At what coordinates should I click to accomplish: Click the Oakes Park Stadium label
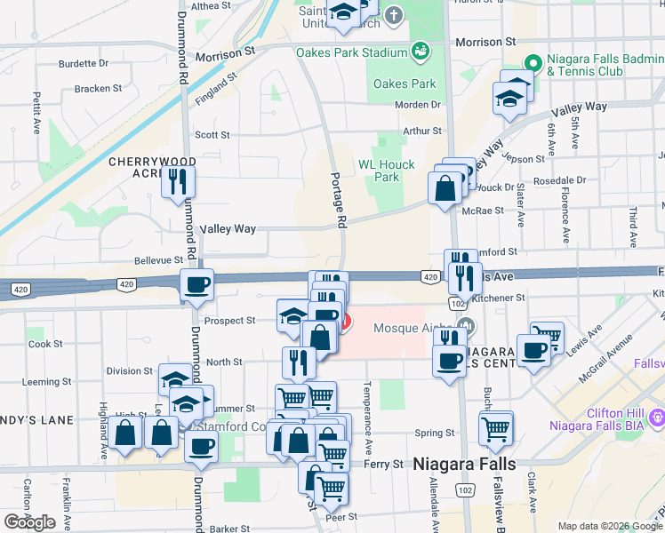(352, 52)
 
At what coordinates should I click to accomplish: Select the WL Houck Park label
(386, 171)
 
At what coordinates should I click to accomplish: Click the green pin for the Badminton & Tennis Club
(533, 63)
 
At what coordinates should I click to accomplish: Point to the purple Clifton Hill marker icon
(657, 415)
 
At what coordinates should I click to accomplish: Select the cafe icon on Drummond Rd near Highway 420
(196, 285)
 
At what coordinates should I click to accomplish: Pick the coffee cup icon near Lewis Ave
(533, 351)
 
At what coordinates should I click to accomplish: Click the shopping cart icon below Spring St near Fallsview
(495, 428)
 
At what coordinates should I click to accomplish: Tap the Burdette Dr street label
(84, 64)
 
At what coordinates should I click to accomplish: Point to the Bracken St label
(99, 89)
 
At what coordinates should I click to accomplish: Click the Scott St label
(212, 135)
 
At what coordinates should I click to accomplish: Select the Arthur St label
(421, 131)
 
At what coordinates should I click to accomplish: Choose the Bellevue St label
(157, 260)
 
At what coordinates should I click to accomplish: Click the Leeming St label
(40, 382)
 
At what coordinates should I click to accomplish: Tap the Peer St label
(341, 516)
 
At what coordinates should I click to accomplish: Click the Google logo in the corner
(30, 522)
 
